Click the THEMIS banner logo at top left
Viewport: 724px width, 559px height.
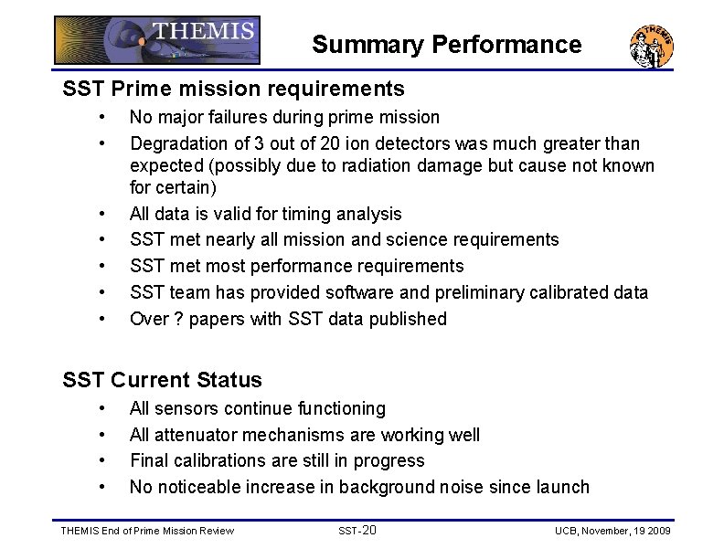click(x=157, y=40)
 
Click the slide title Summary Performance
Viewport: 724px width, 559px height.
click(x=446, y=45)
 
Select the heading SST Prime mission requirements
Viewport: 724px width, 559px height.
click(x=233, y=89)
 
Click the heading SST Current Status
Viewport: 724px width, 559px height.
click(x=162, y=380)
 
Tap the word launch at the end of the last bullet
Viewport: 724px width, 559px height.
click(x=562, y=487)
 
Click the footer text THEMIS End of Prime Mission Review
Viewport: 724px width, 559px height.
click(x=146, y=531)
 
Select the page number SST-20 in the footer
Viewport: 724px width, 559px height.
click(x=357, y=530)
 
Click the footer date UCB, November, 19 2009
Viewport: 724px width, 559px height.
click(x=612, y=531)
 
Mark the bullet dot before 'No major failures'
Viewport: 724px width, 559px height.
click(x=108, y=117)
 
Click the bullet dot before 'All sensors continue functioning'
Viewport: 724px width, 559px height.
click(x=108, y=408)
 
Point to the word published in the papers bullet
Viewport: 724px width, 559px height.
click(x=408, y=319)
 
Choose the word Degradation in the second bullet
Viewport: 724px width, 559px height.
click(x=176, y=143)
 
